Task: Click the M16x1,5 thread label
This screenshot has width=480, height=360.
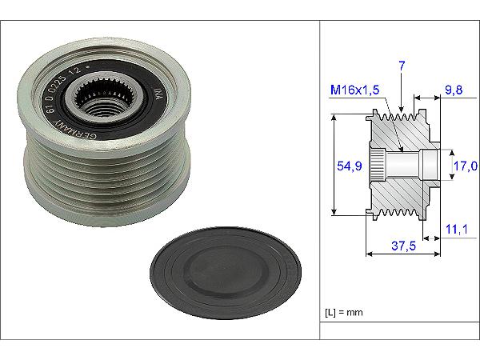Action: click(x=354, y=90)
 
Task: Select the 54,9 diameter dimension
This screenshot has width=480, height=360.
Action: click(x=350, y=166)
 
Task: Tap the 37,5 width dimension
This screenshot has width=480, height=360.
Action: click(x=403, y=246)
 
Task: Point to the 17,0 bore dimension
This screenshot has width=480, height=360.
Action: click(x=465, y=166)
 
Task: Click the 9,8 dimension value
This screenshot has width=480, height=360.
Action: click(x=454, y=90)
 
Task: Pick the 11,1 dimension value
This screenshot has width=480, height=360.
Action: click(x=457, y=229)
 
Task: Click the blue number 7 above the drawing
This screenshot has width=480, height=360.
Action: click(x=402, y=66)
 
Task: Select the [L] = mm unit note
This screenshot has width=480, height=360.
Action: click(x=344, y=312)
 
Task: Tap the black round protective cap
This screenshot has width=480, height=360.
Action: click(x=226, y=273)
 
